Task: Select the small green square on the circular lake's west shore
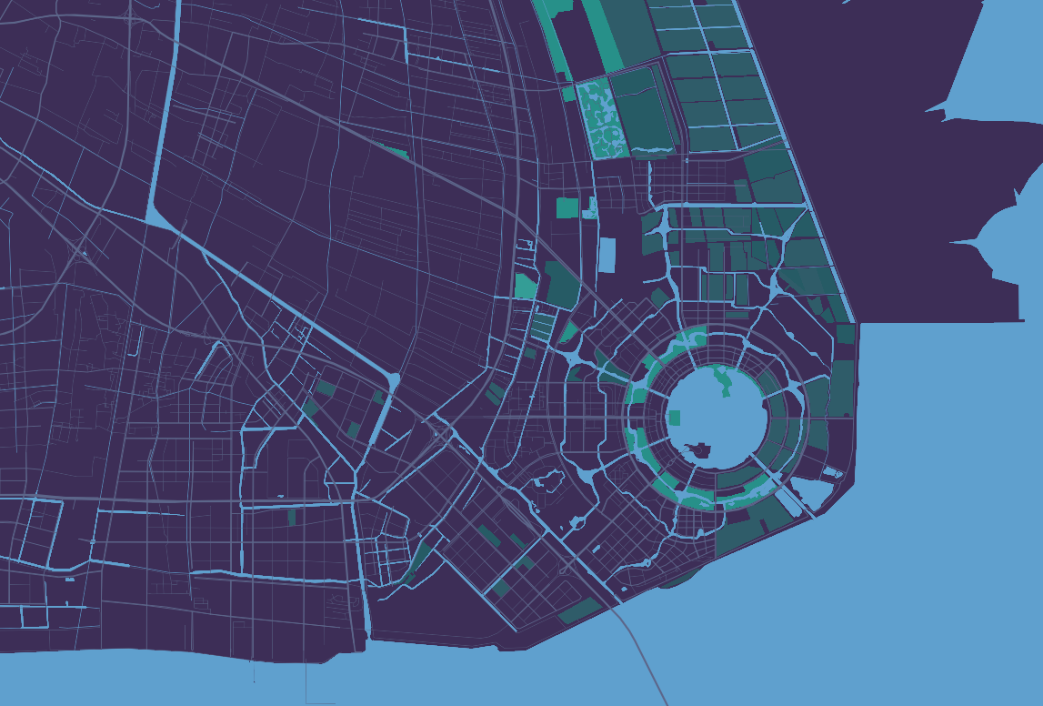pos(674,418)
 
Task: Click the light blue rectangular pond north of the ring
pos(607,255)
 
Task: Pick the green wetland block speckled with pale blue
pos(600,118)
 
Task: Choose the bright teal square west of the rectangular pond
pos(567,207)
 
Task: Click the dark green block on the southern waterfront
pos(579,611)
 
